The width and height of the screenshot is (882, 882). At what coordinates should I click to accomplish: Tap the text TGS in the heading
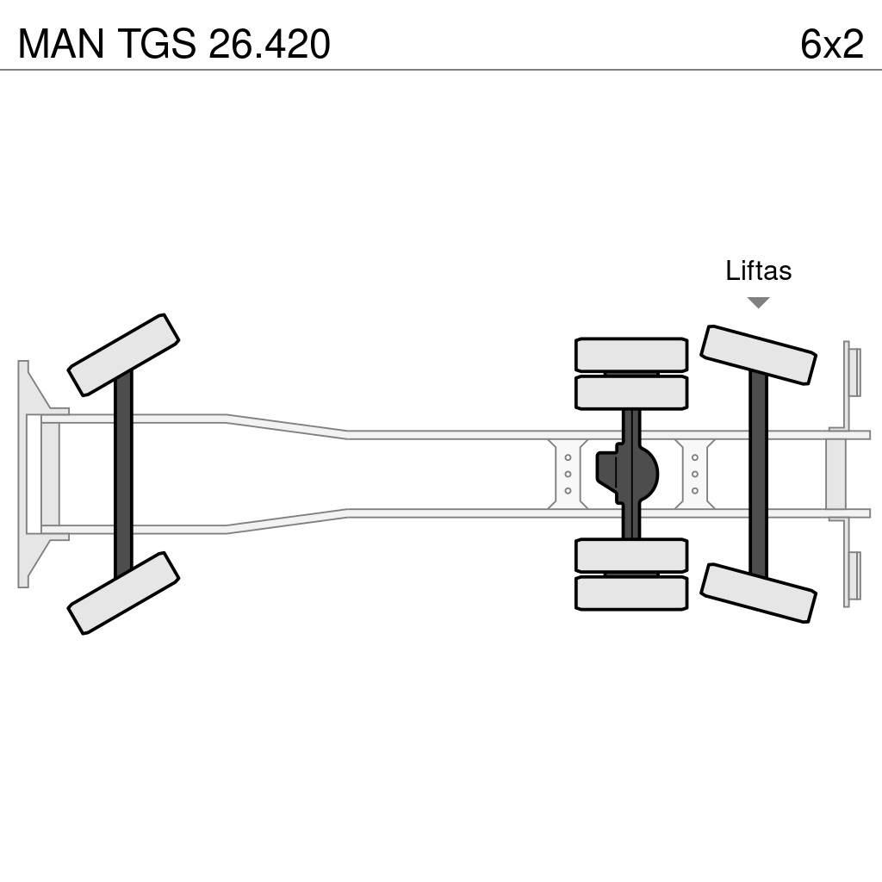(x=152, y=44)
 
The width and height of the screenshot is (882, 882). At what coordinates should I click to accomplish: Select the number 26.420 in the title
(x=269, y=44)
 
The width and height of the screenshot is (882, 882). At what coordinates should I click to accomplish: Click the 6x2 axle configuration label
(x=831, y=44)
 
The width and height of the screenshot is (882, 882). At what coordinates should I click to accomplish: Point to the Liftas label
(x=758, y=270)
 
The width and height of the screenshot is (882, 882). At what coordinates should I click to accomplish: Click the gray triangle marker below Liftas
(x=758, y=302)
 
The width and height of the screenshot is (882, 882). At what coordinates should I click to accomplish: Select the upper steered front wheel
(x=123, y=355)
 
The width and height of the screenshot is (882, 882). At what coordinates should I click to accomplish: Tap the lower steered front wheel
(x=123, y=593)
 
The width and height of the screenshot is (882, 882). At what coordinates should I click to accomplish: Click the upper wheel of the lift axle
(x=758, y=355)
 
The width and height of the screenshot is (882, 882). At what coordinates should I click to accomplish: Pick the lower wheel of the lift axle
(x=758, y=593)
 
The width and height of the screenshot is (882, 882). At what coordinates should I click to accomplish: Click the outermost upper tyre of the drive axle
(x=631, y=354)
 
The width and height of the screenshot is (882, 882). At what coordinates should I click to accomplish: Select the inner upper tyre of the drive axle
(x=631, y=393)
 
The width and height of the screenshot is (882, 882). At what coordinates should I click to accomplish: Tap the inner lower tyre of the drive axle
(x=631, y=556)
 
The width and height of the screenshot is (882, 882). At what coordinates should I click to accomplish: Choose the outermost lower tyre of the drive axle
(x=631, y=593)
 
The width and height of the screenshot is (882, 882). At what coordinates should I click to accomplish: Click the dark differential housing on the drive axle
(x=628, y=473)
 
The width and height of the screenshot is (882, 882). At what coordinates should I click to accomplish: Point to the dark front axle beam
(x=123, y=474)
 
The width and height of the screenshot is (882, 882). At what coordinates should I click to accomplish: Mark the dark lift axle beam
(x=758, y=474)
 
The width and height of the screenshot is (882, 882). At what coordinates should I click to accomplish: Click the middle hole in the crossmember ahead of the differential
(x=568, y=474)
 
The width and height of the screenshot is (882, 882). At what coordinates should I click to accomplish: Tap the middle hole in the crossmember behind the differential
(x=694, y=474)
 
